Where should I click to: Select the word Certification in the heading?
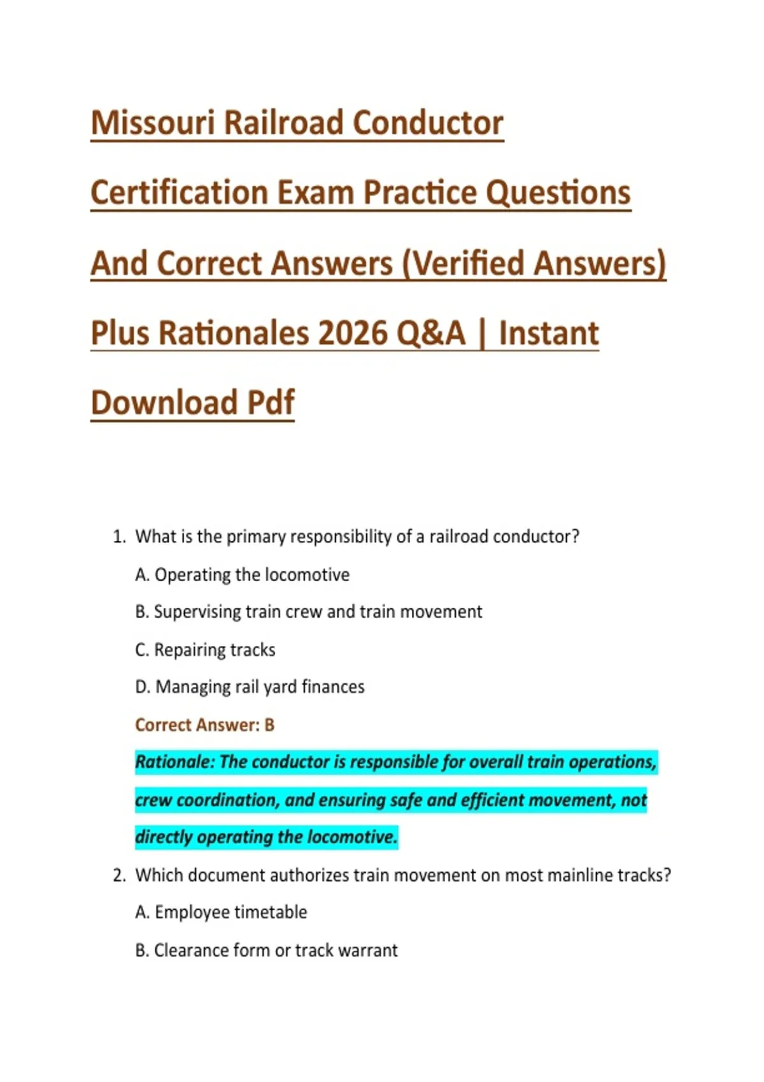click(180, 192)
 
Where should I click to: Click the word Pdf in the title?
click(271, 402)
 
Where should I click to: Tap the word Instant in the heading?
click(549, 333)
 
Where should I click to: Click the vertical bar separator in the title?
click(482, 333)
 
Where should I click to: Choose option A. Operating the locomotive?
click(242, 574)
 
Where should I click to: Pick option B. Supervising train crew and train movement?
click(308, 612)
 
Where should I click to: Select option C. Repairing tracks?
click(205, 650)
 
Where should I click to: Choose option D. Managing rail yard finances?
click(250, 687)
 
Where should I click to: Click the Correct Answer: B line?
click(205, 724)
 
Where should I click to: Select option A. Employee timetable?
click(221, 912)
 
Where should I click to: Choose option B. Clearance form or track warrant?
click(266, 950)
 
